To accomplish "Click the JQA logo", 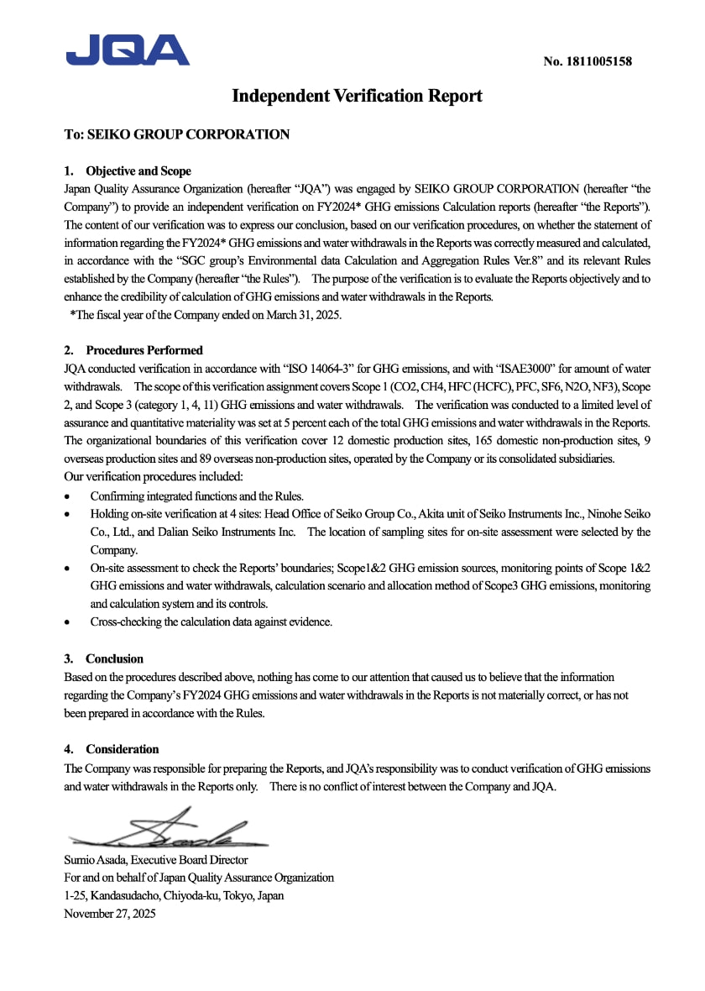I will (x=128, y=50).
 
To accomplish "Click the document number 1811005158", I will (x=587, y=61).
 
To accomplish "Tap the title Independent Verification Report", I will (x=357, y=96).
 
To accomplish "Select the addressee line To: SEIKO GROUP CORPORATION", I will (x=177, y=134).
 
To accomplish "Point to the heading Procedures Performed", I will (x=144, y=350).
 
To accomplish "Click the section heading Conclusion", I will (x=114, y=658).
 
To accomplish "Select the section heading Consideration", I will (x=122, y=749).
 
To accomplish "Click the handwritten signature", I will (x=168, y=830).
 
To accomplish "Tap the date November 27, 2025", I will (x=110, y=913).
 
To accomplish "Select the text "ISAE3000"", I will (x=529, y=369).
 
